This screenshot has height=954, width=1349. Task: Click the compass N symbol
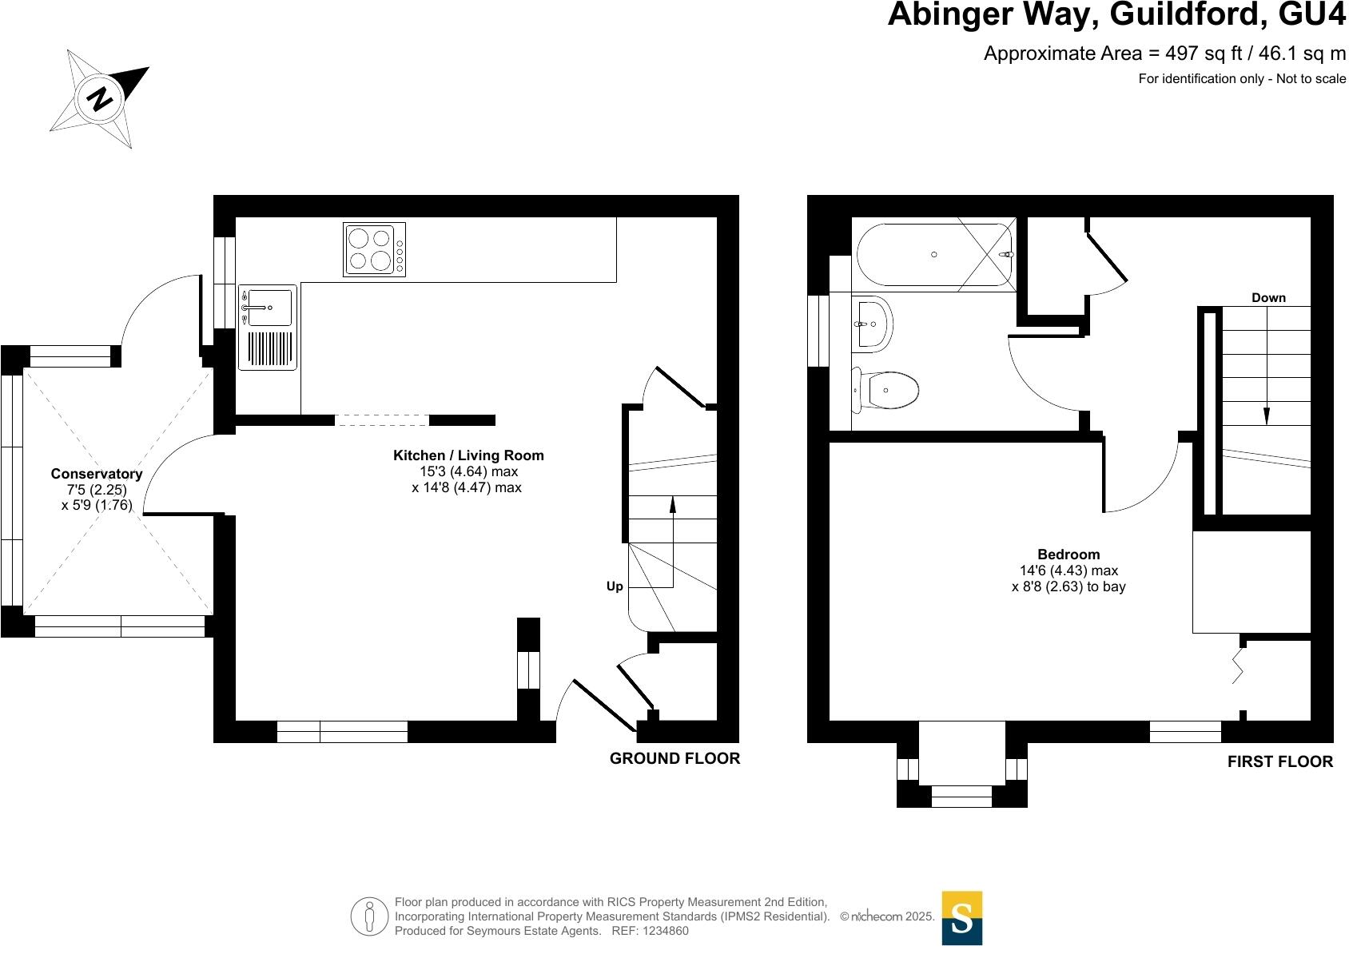[x=101, y=98]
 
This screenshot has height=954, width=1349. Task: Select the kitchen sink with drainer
[x=267, y=327]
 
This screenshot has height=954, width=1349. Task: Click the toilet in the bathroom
[x=885, y=391]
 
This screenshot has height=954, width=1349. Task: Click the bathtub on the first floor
[x=933, y=254]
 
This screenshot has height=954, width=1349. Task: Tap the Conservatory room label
[x=97, y=474]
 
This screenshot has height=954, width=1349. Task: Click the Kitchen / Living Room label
[x=468, y=455]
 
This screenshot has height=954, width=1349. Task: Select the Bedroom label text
[x=1068, y=555]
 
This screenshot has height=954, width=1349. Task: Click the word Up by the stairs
[x=615, y=586]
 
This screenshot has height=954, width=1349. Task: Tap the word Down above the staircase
[x=1268, y=298]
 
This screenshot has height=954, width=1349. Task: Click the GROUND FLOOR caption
[x=674, y=758]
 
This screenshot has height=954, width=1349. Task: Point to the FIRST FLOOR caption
[x=1279, y=762]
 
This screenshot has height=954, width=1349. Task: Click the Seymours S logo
[x=962, y=918]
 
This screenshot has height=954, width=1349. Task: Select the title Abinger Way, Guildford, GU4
[x=1116, y=15]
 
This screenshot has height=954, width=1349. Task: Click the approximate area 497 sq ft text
[x=1164, y=54]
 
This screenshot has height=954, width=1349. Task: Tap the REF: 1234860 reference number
[x=650, y=931]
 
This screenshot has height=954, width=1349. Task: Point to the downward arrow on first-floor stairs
[x=1266, y=415]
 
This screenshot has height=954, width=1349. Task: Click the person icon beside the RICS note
[x=369, y=917]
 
